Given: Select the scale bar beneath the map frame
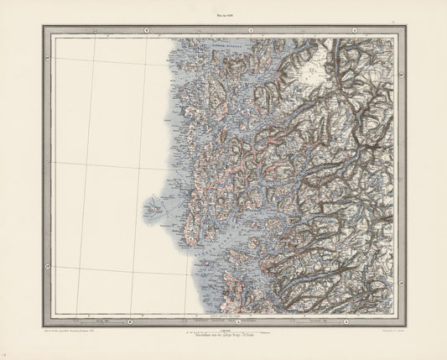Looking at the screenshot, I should (222, 331).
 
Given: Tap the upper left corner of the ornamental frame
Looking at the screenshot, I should (39, 26).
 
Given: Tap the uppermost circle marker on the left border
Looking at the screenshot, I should (46, 58).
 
